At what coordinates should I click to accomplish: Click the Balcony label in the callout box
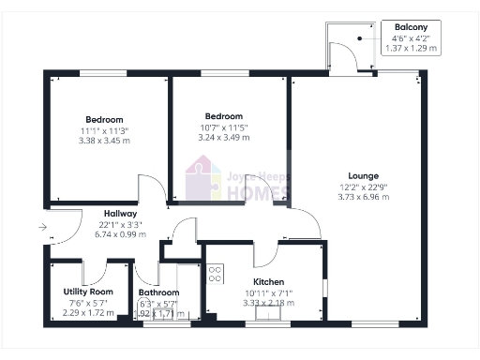click(412, 28)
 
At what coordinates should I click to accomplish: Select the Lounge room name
click(363, 175)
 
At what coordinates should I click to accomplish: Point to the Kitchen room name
click(268, 282)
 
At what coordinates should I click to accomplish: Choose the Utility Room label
click(88, 292)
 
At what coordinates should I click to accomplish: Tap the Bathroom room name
click(158, 292)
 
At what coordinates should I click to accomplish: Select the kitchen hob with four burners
click(215, 274)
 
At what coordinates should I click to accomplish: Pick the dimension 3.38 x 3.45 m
click(104, 141)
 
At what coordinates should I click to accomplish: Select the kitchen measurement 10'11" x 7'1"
click(268, 292)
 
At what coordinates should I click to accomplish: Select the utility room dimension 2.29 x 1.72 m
click(88, 312)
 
